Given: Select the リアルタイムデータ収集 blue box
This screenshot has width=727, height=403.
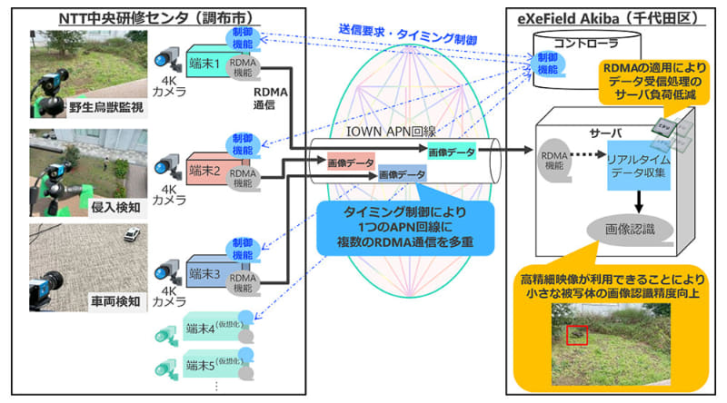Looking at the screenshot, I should tap(626, 165).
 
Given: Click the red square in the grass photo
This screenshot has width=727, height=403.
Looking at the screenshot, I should tap(576, 335).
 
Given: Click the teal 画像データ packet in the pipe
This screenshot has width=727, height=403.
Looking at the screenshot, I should tap(451, 151).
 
